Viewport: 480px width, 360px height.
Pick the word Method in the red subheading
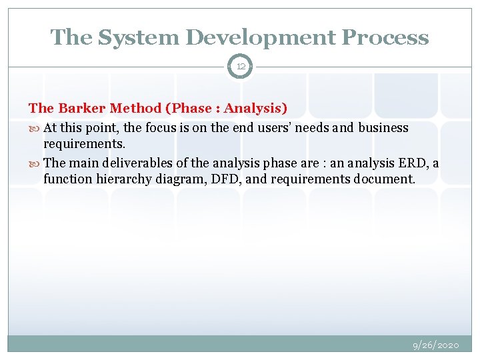(133, 108)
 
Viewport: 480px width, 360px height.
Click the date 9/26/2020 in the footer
(436, 345)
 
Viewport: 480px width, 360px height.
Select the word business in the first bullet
(383, 127)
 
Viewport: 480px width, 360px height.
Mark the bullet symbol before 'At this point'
(35, 128)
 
